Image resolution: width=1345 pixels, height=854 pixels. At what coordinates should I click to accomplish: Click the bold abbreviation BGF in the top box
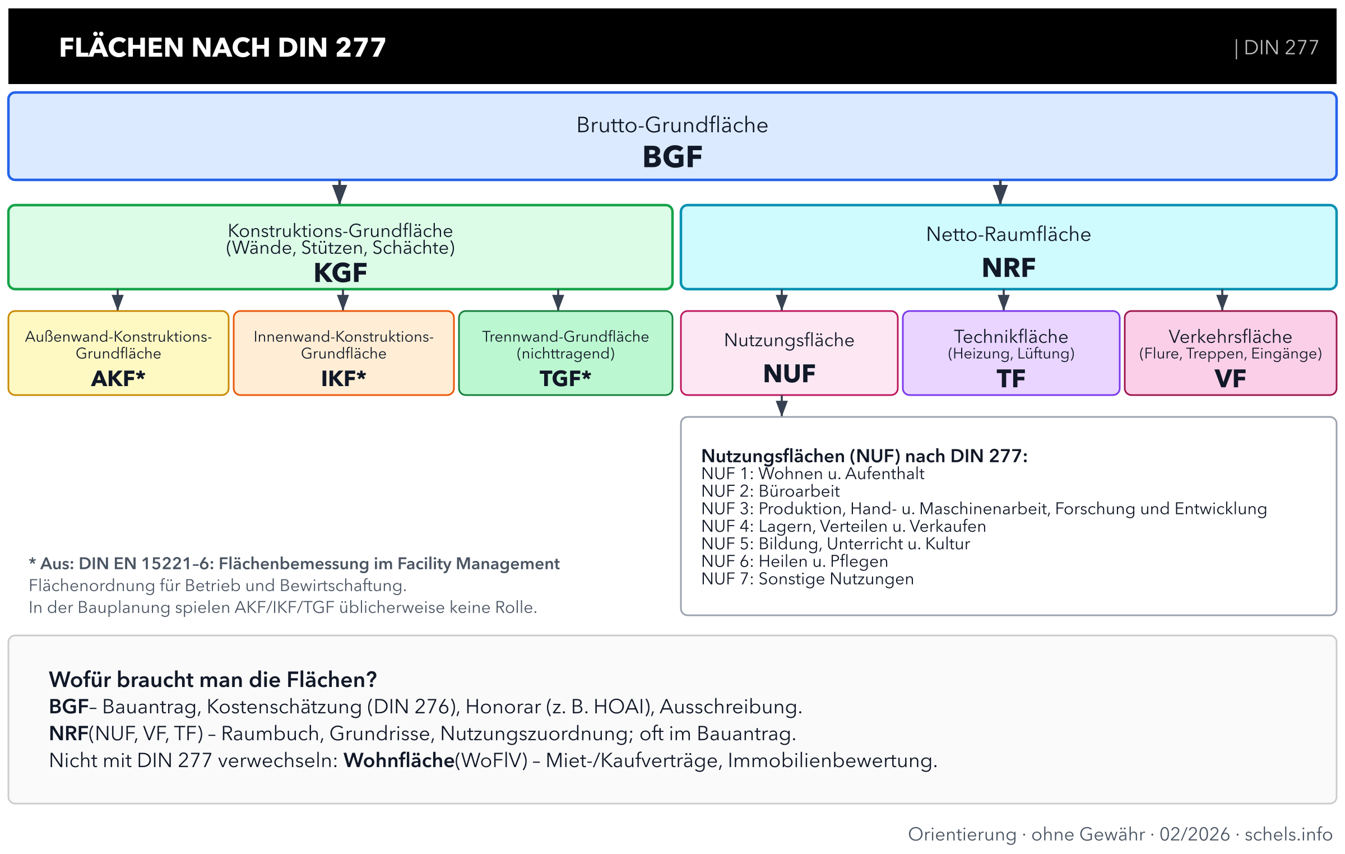[672, 157]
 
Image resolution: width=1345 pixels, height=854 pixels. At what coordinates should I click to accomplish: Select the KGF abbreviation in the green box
[340, 273]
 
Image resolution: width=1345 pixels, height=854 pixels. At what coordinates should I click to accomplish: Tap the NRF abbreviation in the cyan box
[1008, 268]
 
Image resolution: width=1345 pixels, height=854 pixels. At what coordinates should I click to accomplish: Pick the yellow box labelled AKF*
[118, 354]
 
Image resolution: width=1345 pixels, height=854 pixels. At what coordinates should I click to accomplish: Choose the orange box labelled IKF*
[344, 354]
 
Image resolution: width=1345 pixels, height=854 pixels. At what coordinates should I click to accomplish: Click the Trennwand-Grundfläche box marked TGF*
[565, 354]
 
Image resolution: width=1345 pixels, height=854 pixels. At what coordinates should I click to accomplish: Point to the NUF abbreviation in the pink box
[789, 374]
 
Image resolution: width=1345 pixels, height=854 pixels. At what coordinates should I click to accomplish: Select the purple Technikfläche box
[1011, 354]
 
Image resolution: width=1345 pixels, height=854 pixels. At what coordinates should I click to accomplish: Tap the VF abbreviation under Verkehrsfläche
[1230, 379]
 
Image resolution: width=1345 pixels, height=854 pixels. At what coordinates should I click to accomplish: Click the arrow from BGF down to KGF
[340, 192]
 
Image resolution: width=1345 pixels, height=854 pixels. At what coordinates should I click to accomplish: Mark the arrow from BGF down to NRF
[1000, 192]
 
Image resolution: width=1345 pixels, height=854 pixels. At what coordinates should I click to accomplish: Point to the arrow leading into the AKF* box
[118, 300]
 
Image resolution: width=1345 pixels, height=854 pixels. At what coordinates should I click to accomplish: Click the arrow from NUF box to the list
[782, 406]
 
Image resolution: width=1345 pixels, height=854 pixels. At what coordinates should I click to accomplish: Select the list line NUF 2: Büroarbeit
[771, 491]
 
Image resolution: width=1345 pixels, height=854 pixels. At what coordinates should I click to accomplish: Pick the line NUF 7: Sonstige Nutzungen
[808, 579]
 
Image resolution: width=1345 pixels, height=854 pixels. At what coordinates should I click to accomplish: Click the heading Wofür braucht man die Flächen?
[213, 680]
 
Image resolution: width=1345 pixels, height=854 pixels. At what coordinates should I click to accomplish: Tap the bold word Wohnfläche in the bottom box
[398, 760]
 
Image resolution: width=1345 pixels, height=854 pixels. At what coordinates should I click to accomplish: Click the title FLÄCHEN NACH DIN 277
[222, 47]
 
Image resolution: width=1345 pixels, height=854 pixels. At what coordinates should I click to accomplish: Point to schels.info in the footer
[1288, 834]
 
